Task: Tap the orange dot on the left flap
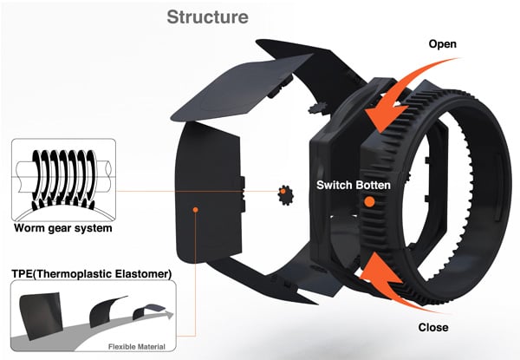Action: (x=198, y=209)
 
